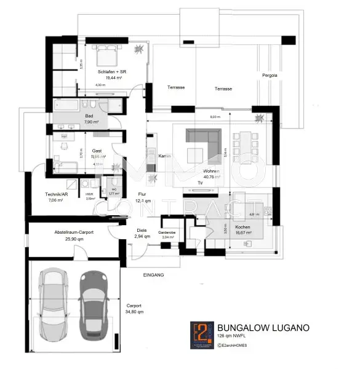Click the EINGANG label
154,275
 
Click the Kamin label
164,156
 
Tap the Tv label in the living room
199,183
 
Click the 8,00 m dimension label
214,117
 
